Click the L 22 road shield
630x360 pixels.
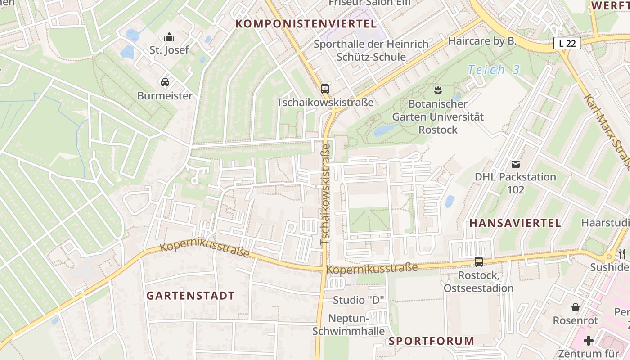(567, 43)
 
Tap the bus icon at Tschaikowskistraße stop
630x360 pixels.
(325, 89)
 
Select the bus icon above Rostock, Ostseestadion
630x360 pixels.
(479, 261)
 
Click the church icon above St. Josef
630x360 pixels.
(169, 36)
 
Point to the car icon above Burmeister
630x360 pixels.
(165, 82)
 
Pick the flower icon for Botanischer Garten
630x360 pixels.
(437, 90)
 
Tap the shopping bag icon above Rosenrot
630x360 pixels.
(575, 307)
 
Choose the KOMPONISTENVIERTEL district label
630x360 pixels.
(306, 24)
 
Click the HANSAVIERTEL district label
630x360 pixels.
(515, 223)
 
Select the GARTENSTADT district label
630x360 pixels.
(191, 296)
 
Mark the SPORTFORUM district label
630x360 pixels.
(432, 341)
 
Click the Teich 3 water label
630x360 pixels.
(494, 70)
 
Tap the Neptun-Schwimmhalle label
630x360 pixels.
(349, 324)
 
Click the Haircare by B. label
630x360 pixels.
(482, 41)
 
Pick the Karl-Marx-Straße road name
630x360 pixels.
(607, 130)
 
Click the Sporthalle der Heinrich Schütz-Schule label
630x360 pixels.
(371, 50)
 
